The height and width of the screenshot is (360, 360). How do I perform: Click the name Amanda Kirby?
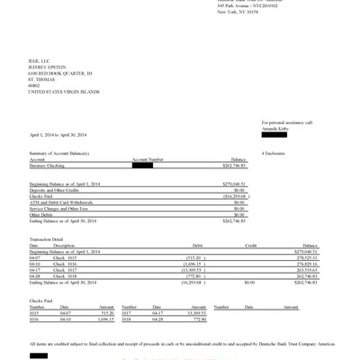pos(275,128)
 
